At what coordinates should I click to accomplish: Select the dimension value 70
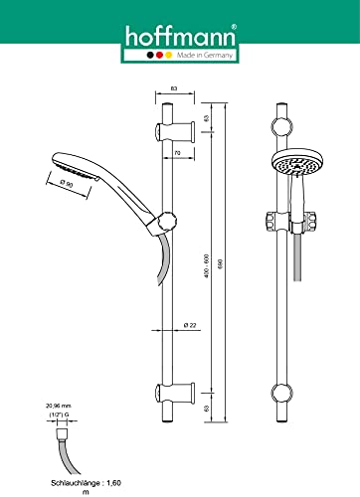tap(177, 154)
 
